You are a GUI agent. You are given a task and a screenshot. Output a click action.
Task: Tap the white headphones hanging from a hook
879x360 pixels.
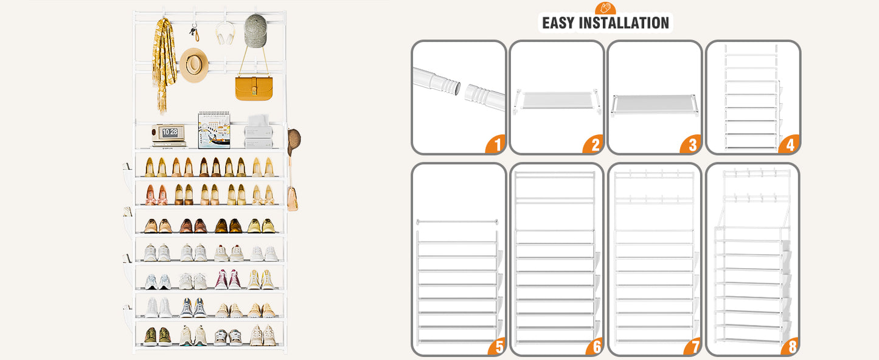click(x=225, y=33)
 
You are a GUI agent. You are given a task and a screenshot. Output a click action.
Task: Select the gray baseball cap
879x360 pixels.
click(x=255, y=30)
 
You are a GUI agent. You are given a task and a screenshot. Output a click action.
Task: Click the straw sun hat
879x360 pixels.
click(x=194, y=65)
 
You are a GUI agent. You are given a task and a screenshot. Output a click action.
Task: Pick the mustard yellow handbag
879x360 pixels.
click(x=254, y=88)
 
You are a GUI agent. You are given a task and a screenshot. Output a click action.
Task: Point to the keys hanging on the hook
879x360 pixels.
click(x=194, y=33)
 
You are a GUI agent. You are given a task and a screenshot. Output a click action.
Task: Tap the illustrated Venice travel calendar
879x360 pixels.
click(x=214, y=130)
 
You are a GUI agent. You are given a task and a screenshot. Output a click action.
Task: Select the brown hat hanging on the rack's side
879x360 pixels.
click(x=294, y=141)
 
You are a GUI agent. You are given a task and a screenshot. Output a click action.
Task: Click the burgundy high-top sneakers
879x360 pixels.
click(x=228, y=279)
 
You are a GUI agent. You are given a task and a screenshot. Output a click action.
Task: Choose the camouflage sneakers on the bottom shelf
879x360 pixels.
click(x=158, y=336)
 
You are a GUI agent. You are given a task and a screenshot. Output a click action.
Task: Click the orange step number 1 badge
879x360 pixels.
click(x=496, y=144)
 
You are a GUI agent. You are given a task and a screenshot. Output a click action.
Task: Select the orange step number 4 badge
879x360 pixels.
click(x=790, y=144)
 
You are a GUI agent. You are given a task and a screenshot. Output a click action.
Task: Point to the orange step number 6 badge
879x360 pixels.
click(x=595, y=345)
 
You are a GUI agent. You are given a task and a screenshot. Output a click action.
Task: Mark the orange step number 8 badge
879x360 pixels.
click(x=790, y=345)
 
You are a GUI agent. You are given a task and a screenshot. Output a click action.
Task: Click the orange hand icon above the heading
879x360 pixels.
click(x=605, y=8)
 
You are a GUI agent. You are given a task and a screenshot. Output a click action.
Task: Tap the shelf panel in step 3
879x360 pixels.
click(x=654, y=104)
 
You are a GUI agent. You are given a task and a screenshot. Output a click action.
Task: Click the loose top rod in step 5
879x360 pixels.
click(x=457, y=221)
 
